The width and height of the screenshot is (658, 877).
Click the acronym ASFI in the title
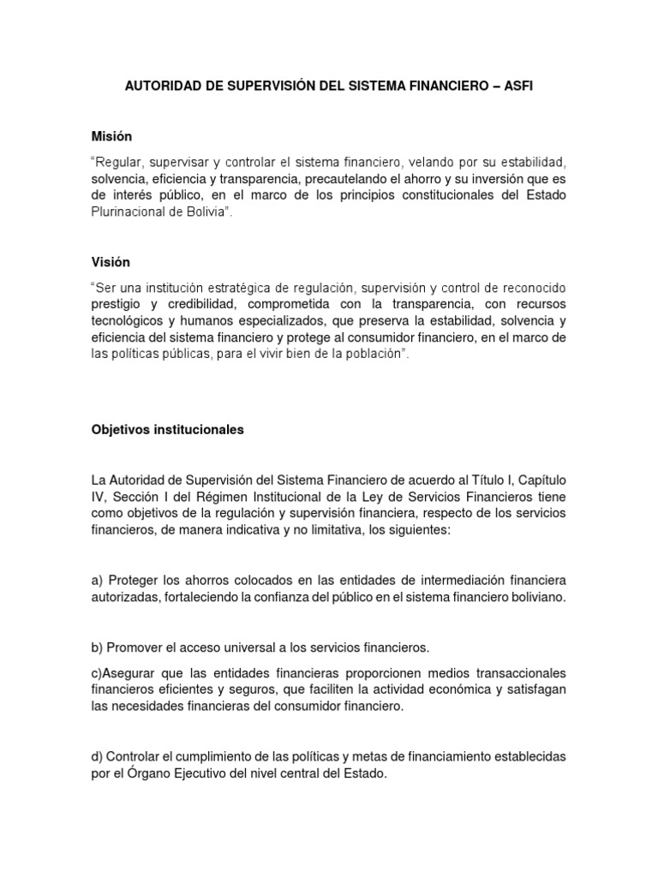pos(517,87)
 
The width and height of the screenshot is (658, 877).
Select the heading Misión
pos(111,136)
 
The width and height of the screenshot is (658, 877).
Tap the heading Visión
pos(111,261)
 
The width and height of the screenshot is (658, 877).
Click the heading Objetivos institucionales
pos(167,430)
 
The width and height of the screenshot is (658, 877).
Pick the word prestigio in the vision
pos(118,303)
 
